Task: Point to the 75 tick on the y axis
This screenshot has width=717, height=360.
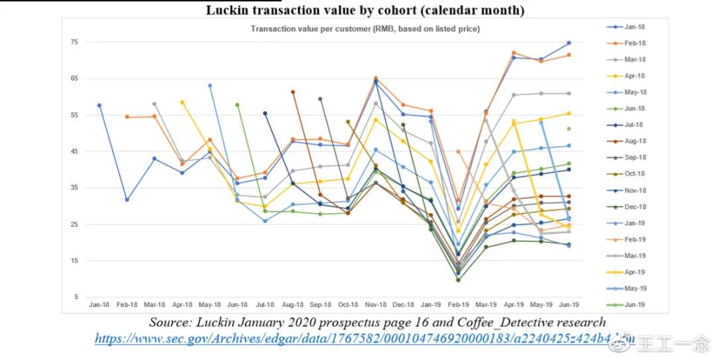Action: pos(74,43)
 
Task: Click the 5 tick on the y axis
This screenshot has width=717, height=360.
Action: pos(76,297)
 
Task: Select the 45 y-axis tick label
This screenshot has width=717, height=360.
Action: pos(74,151)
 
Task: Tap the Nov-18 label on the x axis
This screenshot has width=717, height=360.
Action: pos(376,305)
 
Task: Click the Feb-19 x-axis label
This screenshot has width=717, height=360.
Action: pos(459,305)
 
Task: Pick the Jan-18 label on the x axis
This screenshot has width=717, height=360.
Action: pos(99,305)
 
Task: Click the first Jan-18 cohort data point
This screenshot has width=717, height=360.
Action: pos(99,105)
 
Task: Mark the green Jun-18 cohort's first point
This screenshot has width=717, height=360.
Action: pos(237,105)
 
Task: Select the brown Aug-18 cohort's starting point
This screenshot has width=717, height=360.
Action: pos(293,92)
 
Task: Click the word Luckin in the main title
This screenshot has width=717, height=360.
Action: pos(228,11)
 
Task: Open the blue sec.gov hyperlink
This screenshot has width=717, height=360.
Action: pos(358,339)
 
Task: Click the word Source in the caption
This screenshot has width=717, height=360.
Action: pos(171,323)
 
